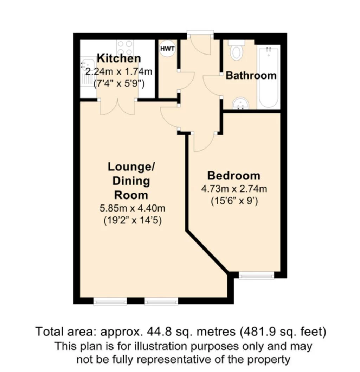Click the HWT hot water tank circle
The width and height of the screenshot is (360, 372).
(x=168, y=49)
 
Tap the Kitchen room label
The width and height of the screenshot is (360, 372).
(x=119, y=58)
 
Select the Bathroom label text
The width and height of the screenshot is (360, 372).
(x=251, y=75)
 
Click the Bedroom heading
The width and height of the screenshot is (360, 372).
(x=234, y=176)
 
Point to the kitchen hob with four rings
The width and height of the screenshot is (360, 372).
(x=125, y=48)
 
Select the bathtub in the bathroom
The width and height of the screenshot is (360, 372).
(x=269, y=77)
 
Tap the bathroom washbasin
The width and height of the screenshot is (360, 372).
(x=240, y=104)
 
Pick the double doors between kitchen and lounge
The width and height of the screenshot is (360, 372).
(x=117, y=107)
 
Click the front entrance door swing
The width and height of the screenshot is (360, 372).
(x=201, y=45)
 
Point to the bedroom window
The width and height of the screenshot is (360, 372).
(x=256, y=275)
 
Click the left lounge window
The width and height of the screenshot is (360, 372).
(x=110, y=301)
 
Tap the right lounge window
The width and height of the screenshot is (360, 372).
(x=161, y=301)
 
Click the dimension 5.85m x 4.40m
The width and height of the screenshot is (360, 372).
(x=132, y=209)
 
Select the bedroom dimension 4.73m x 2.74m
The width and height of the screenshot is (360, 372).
(x=234, y=189)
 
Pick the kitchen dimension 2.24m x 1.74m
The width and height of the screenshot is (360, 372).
(x=118, y=71)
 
